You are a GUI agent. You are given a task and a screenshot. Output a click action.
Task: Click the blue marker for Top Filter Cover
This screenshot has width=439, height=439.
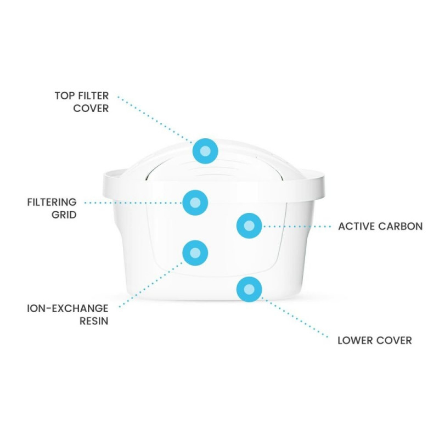205,150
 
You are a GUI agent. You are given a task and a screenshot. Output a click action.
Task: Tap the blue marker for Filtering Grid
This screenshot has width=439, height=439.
195,202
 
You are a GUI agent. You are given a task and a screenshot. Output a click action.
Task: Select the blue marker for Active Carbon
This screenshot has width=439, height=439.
249,226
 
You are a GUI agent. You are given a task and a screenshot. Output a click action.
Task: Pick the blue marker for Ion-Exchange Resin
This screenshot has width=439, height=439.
195,253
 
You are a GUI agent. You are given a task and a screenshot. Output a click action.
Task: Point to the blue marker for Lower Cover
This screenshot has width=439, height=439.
249,289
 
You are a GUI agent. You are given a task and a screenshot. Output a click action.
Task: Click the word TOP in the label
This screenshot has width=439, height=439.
65,95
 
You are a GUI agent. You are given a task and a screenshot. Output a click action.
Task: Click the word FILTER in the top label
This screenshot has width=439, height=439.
93,95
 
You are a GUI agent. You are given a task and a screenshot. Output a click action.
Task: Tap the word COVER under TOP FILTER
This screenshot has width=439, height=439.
91,108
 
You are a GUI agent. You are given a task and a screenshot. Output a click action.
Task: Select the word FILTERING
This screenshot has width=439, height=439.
52,202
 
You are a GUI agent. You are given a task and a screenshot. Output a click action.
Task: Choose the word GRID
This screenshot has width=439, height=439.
64,215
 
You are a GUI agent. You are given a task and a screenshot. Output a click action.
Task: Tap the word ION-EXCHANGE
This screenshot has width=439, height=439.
67,308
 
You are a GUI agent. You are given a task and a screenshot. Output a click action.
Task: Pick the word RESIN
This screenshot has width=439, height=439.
94,321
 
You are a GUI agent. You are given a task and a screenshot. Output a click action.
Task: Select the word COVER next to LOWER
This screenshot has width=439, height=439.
394,340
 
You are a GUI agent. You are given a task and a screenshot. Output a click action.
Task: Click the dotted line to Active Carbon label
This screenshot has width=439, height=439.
297,226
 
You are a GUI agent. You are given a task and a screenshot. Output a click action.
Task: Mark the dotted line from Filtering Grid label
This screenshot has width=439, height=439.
133,202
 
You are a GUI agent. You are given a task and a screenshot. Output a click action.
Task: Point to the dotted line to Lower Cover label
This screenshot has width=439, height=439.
295,318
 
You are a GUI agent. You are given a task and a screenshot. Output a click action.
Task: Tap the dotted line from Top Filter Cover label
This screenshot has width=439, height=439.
155,120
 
